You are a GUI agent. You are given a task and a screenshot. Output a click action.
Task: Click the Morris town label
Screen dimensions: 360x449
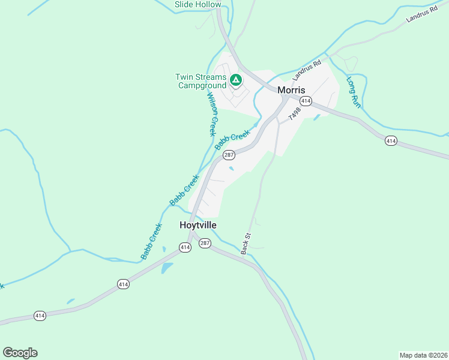coord(292,89)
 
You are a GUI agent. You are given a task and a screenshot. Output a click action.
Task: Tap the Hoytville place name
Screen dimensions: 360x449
coord(198,225)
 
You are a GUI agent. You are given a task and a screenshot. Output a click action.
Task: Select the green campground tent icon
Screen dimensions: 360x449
coord(236,79)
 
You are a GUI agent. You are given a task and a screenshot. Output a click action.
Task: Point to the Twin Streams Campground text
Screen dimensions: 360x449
coord(200,81)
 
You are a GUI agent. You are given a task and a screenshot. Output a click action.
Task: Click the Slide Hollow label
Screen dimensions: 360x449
coord(198,5)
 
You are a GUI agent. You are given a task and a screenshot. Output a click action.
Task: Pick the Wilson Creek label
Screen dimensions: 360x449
coord(211,114)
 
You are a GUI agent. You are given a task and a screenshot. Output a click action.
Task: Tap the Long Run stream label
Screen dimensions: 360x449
coord(353,92)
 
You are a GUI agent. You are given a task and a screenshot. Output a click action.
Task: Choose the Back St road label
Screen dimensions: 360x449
coord(245,244)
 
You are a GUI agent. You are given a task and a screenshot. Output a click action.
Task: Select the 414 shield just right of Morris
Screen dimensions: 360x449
coord(306,101)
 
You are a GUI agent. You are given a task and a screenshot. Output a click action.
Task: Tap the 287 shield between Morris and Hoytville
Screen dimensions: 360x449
coord(228,155)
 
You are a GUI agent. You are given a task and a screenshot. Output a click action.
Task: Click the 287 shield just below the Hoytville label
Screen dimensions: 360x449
coord(205,243)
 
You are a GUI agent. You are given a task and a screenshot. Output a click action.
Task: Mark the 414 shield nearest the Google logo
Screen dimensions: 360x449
coord(40,316)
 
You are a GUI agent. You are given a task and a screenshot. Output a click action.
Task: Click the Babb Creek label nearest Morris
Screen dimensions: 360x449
coord(232,141)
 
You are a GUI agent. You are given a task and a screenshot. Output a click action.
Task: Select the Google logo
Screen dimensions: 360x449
coord(20,353)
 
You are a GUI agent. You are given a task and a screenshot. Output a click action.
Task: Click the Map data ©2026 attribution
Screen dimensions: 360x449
coord(423,355)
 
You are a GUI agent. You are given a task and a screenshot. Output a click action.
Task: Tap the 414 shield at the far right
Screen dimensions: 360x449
coord(391,140)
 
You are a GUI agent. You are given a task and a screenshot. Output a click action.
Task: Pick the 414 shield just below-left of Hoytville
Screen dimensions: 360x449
coord(185,247)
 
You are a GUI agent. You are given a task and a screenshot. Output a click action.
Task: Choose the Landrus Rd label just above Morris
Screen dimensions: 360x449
coord(307,71)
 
